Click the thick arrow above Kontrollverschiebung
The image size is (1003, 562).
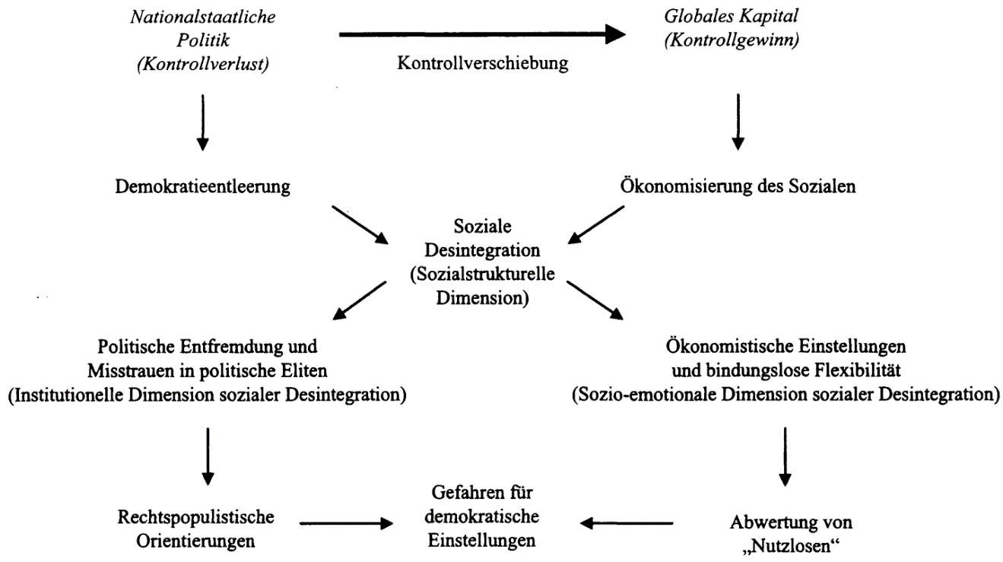[482, 34]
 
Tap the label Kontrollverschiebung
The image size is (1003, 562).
[483, 63]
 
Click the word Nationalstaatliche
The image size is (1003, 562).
[203, 17]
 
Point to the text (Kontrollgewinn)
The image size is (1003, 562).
[732, 40]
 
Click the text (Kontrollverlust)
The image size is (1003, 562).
[203, 65]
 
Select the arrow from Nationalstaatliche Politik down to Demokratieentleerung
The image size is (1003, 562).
[203, 122]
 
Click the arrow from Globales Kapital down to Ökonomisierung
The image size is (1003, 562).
[738, 122]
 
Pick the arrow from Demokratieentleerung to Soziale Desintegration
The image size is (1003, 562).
[360, 225]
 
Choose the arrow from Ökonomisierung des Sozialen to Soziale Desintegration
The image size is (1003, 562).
[596, 225]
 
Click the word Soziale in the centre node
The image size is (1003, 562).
[482, 227]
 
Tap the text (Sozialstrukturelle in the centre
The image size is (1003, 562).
[482, 275]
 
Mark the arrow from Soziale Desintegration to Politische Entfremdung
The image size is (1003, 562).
[360, 300]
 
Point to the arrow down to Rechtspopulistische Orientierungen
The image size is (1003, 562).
[208, 456]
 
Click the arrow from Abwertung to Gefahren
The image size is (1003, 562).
[627, 523]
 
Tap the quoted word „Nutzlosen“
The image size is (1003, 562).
[790, 546]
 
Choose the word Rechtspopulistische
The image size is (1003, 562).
[195, 518]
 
